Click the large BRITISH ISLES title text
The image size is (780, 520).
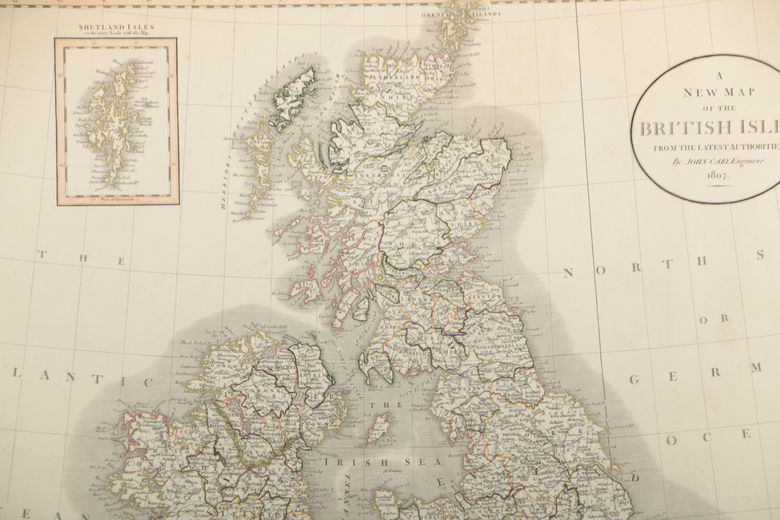[x=710, y=129]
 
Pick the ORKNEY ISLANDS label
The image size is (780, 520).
[x=461, y=14]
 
